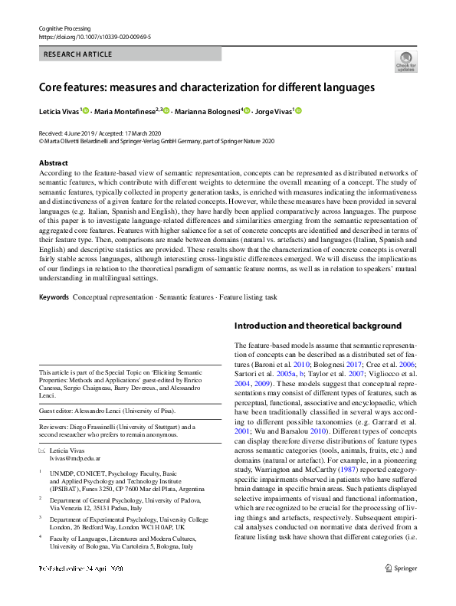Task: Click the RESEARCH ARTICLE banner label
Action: pyautogui.click(x=79, y=54)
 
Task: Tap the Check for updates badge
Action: pyautogui.click(x=405, y=62)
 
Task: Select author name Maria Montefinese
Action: pyautogui.click(x=124, y=112)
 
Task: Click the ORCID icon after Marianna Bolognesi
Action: pyautogui.click(x=247, y=112)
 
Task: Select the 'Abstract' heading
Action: pyautogui.click(x=53, y=162)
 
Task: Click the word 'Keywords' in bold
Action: pyautogui.click(x=54, y=296)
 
